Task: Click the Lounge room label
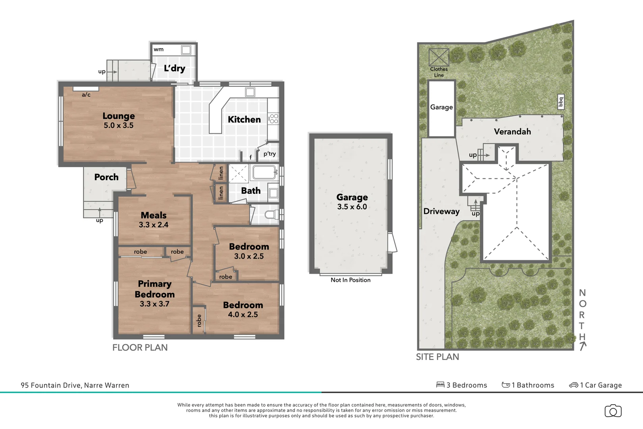pos(118,116)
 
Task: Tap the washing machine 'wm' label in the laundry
pos(158,50)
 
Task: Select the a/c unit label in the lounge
pos(86,95)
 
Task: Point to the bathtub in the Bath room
pos(264,172)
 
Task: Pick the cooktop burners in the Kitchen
pos(273,118)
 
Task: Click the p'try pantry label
pos(270,154)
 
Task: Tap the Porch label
pos(106,177)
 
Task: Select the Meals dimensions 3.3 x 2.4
pos(153,225)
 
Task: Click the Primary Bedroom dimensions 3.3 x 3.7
pos(154,304)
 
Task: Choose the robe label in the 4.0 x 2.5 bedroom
pos(199,320)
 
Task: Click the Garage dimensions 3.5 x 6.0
pos(352,207)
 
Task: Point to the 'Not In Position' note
pos(350,280)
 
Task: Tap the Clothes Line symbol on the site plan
pos(439,57)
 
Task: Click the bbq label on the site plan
pos(560,102)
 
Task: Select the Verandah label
pos(512,131)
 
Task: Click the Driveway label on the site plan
pos(441,211)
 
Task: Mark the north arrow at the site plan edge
pos(582,346)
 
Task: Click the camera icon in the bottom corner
pos(613,411)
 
